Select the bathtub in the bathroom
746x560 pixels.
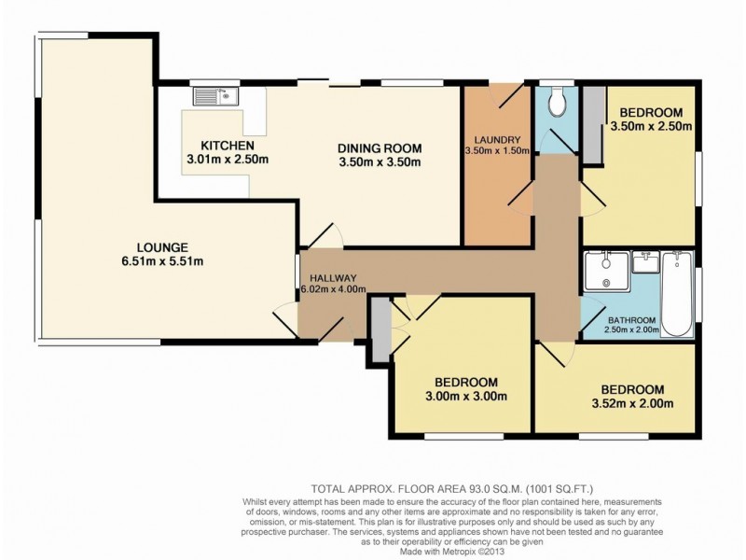tap(677, 294)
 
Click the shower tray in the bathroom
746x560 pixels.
tap(606, 271)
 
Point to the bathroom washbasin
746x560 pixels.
tap(644, 262)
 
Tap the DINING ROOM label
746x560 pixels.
tap(380, 148)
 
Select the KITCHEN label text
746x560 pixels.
tap(228, 146)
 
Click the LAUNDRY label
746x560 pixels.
tap(497, 140)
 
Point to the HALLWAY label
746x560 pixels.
tap(333, 278)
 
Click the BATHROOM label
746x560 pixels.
tap(632, 320)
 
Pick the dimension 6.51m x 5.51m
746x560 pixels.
tap(162, 261)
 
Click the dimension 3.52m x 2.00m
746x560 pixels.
tap(632, 404)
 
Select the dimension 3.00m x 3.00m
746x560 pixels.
tap(465, 396)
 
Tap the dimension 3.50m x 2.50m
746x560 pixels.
tap(651, 127)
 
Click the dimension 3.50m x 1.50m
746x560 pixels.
tap(497, 151)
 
